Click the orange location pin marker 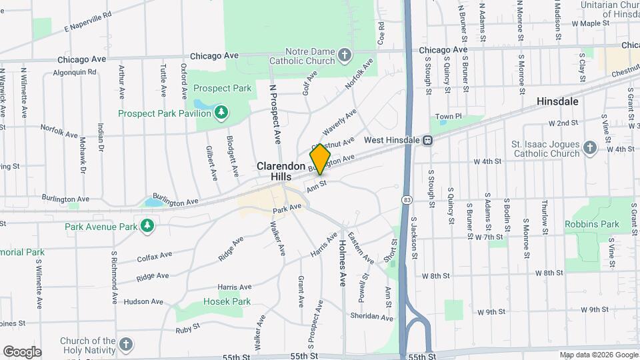[x=320, y=159]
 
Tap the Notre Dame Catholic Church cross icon [x=344, y=55]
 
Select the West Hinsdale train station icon [x=428, y=141]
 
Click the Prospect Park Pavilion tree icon [x=221, y=113]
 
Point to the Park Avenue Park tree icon [x=147, y=227]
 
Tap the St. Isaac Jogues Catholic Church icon [x=589, y=148]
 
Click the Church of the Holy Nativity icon [x=126, y=345]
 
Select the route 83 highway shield [x=407, y=199]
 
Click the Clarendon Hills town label [x=281, y=171]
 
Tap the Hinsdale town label [x=557, y=101]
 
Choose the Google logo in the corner [x=22, y=351]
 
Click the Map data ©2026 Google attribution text [x=598, y=355]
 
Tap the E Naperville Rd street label [x=87, y=22]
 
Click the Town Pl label [x=449, y=117]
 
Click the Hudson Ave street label [x=143, y=301]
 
